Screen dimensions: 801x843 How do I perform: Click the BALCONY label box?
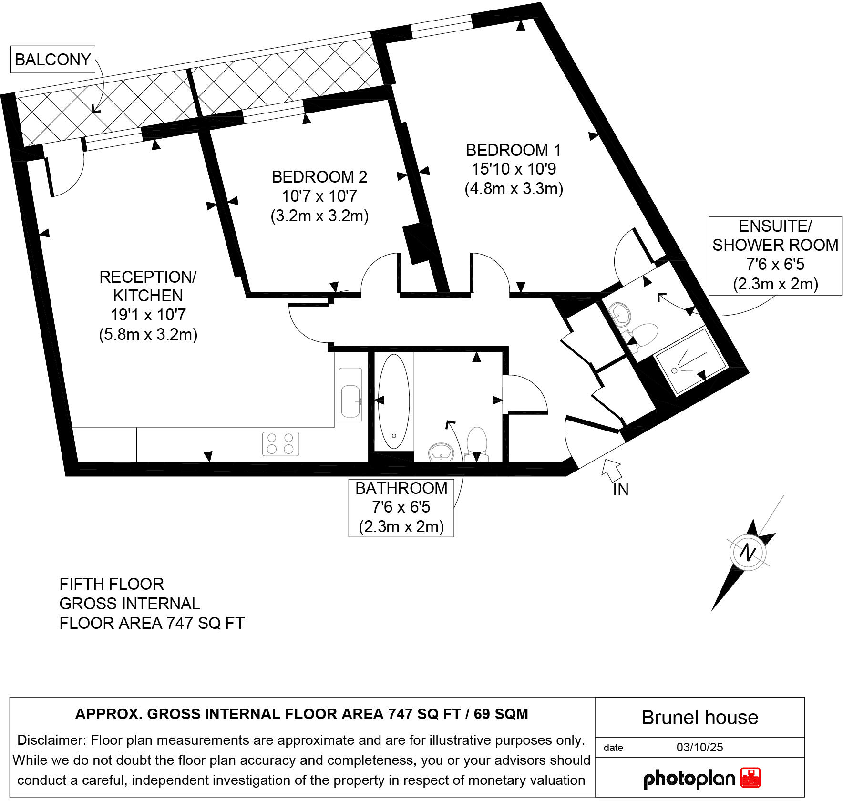[53, 60]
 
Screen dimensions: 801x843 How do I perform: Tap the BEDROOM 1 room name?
[513, 150]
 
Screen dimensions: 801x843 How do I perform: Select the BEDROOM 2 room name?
[319, 177]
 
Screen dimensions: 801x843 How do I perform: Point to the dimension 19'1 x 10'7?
[148, 315]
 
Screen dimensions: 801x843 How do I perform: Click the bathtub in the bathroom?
[393, 401]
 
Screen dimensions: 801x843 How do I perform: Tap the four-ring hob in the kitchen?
[280, 443]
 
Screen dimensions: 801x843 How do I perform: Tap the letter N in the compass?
[747, 553]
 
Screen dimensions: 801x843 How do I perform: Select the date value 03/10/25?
[699, 747]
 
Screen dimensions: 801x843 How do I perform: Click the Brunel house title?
[699, 718]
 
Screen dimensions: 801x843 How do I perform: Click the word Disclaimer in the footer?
[51, 740]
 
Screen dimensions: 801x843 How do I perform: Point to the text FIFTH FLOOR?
[112, 584]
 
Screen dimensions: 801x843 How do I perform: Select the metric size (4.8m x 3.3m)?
[514, 189]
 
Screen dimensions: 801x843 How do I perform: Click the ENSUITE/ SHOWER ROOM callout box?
[775, 256]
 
